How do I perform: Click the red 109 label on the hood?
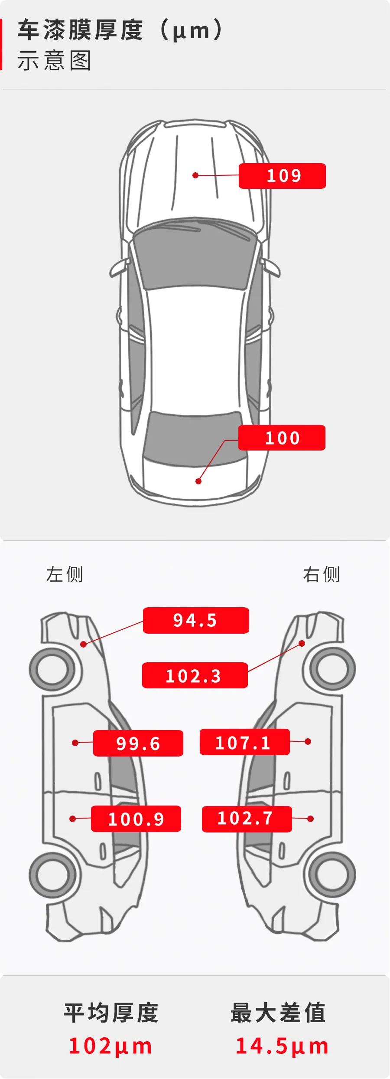pyautogui.click(x=282, y=176)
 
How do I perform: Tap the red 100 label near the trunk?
pyautogui.click(x=282, y=438)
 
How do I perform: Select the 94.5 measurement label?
pyautogui.click(x=196, y=620)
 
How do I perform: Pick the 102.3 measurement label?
pyautogui.click(x=195, y=675)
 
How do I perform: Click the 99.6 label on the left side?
pyautogui.click(x=138, y=743)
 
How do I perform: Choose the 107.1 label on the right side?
pyautogui.click(x=244, y=742)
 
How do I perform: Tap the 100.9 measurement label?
pyautogui.click(x=136, y=819)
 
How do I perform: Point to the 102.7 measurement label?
pyautogui.click(x=247, y=819)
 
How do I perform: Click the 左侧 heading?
pyautogui.click(x=65, y=574)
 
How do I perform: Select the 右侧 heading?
pyautogui.click(x=321, y=574)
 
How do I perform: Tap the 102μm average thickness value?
pyautogui.click(x=110, y=1046)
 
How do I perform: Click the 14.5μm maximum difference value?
pyautogui.click(x=282, y=1046)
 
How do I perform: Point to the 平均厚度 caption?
pyautogui.click(x=111, y=1013)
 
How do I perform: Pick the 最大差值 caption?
pyautogui.click(x=278, y=1013)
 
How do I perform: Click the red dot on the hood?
pyautogui.click(x=195, y=175)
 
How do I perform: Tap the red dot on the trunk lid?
pyautogui.click(x=198, y=481)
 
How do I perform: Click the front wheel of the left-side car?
pyautogui.click(x=52, y=669)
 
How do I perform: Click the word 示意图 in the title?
pyautogui.click(x=54, y=61)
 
